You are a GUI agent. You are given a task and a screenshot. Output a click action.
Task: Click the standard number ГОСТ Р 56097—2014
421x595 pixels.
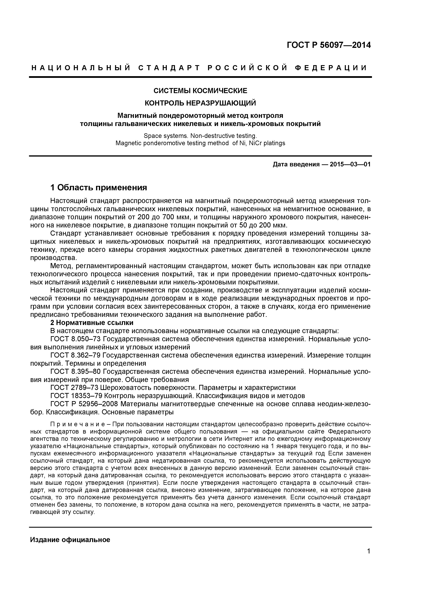[329, 45]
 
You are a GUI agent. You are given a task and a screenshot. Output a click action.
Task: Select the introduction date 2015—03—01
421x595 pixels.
[350, 164]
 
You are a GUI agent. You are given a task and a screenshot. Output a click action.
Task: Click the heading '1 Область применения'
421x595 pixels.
[99, 187]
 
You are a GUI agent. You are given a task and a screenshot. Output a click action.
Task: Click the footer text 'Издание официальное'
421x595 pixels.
[70, 540]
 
